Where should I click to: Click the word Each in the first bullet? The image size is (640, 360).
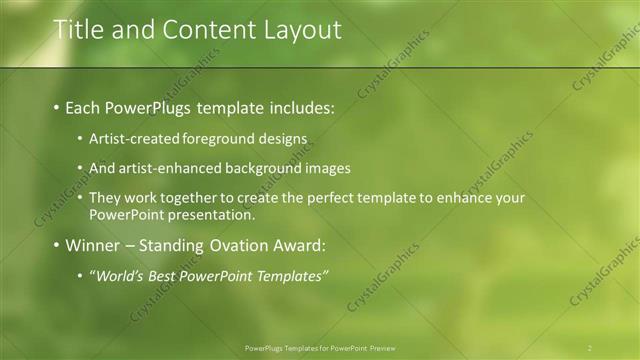pyautogui.click(x=84, y=106)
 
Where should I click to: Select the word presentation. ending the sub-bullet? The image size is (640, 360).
pyautogui.click(x=212, y=214)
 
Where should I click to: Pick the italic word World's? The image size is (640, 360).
pyautogui.click(x=121, y=275)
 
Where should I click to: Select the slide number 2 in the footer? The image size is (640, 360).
pyautogui.click(x=590, y=347)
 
